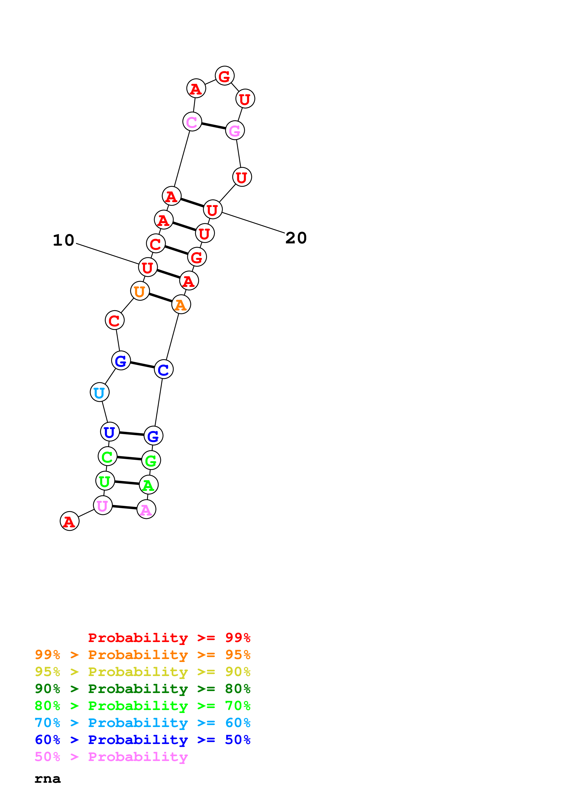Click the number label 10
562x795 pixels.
point(64,240)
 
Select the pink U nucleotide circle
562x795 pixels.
point(102,506)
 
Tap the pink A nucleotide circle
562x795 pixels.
point(146,509)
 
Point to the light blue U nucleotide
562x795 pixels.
point(99,392)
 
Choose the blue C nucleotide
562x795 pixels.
point(163,369)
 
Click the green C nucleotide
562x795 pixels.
point(107,456)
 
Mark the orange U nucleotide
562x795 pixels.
point(140,291)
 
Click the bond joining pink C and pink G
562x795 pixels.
point(213,126)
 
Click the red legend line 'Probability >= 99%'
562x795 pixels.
point(169,638)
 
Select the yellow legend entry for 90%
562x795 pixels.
point(142,672)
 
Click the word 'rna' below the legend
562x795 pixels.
point(47,779)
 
